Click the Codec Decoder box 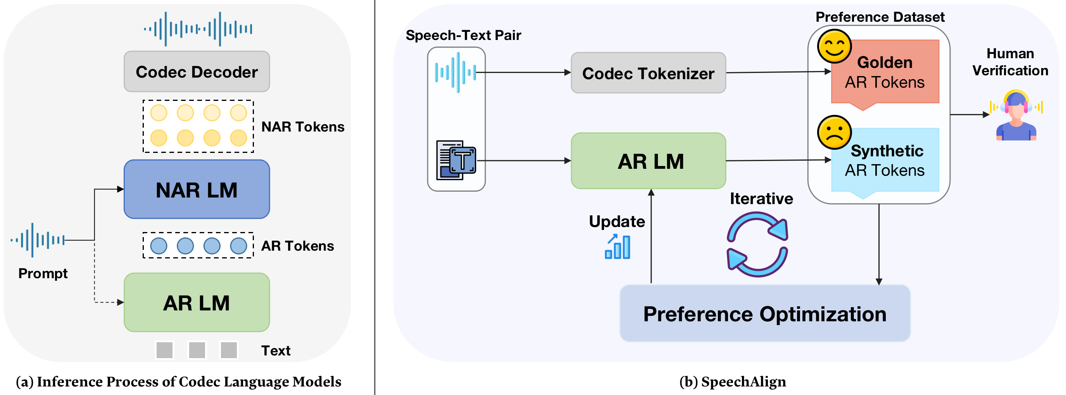[197, 72]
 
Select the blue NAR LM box [197, 190]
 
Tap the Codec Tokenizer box [648, 73]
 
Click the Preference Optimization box [765, 314]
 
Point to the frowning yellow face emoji [834, 132]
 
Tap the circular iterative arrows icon [757, 244]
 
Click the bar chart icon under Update [618, 247]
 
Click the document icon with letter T [456, 160]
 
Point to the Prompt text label [43, 274]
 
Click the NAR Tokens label [302, 127]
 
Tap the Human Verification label [1010, 62]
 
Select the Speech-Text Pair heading [463, 36]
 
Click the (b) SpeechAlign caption [733, 382]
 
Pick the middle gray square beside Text [197, 350]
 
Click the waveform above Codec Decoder [198, 29]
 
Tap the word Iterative [761, 199]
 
